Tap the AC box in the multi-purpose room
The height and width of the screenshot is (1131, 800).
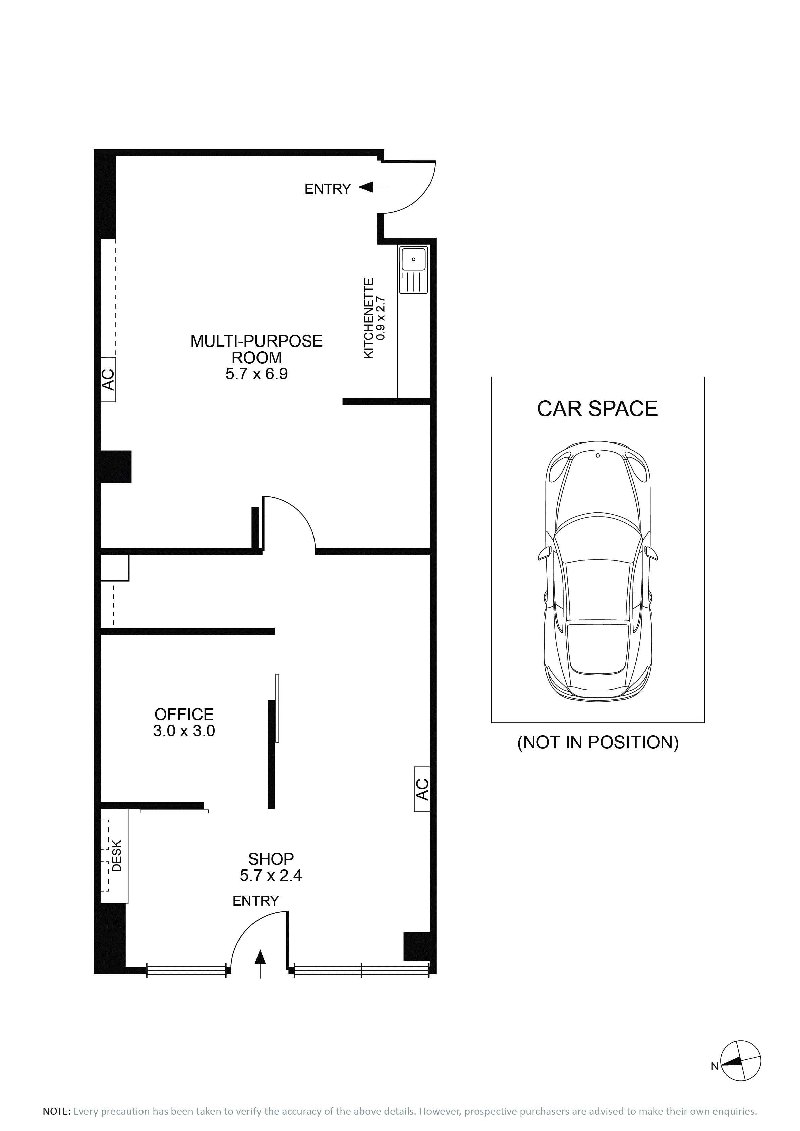(108, 379)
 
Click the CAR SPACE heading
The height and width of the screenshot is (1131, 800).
(597, 409)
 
